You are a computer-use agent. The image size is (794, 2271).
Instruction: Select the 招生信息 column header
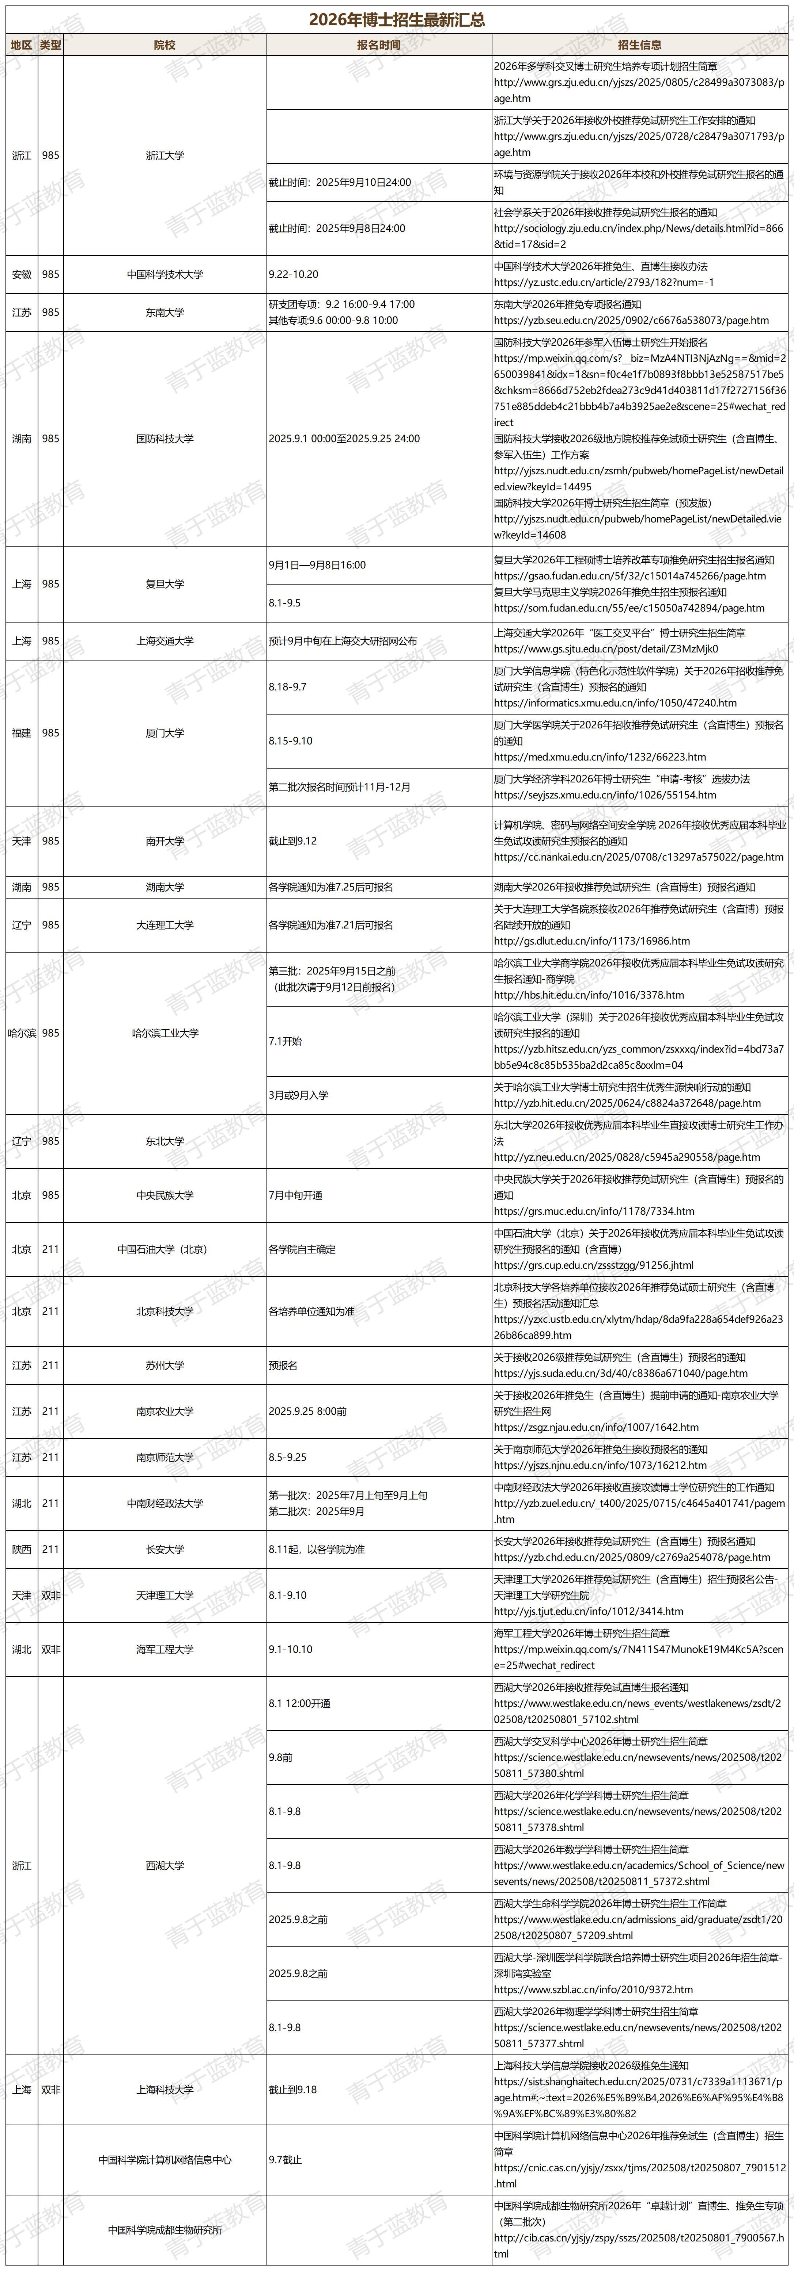[x=640, y=45]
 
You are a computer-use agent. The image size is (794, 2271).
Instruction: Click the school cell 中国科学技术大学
[x=165, y=274]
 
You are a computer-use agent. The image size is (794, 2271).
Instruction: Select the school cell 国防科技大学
[x=165, y=438]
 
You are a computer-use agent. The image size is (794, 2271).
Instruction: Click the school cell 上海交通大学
[x=165, y=641]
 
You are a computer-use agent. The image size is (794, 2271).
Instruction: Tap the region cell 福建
[x=22, y=733]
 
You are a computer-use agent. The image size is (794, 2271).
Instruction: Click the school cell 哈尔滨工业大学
[x=165, y=1032]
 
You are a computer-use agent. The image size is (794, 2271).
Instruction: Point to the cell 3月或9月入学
[x=298, y=1095]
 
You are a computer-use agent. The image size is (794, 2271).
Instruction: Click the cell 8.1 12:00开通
[x=300, y=1703]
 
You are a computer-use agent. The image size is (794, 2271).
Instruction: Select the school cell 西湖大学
[x=165, y=1865]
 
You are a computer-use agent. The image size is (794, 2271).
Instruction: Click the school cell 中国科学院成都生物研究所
[x=165, y=2230]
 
